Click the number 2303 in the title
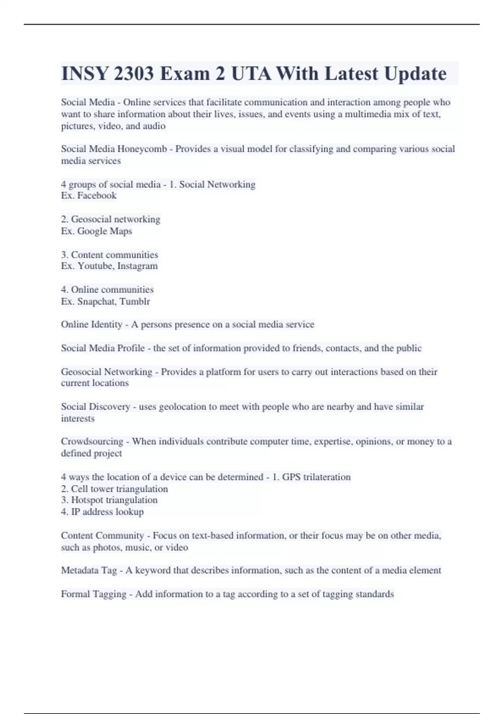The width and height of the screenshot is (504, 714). pyautogui.click(x=133, y=74)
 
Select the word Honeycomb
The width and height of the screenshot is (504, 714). pyautogui.click(x=142, y=149)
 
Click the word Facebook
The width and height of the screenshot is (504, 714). pyautogui.click(x=97, y=196)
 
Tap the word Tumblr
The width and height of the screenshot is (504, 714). pyautogui.click(x=136, y=302)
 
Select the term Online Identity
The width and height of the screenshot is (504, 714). pyautogui.click(x=92, y=325)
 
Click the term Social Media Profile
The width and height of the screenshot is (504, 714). pyautogui.click(x=102, y=348)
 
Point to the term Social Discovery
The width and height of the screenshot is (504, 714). pyautogui.click(x=95, y=407)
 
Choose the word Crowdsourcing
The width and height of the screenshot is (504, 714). pyautogui.click(x=92, y=442)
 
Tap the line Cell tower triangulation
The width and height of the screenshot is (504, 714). pyautogui.click(x=119, y=489)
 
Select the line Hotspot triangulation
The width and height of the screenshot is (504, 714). pyautogui.click(x=114, y=500)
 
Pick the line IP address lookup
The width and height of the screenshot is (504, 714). pyautogui.click(x=107, y=512)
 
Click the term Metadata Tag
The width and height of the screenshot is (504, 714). pyautogui.click(x=89, y=570)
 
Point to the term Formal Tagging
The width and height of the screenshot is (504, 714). pyautogui.click(x=93, y=594)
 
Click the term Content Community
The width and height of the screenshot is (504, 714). pyautogui.click(x=102, y=536)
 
